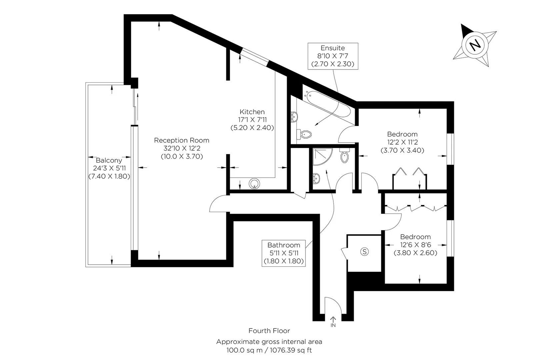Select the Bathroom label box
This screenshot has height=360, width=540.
(283, 253)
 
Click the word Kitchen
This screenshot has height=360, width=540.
(252, 112)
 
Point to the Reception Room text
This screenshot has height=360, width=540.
(182, 140)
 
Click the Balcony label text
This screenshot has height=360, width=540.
(109, 160)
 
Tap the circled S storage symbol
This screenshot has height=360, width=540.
(365, 252)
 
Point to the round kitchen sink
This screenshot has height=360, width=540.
(255, 183)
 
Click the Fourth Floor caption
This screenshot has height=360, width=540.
(269, 331)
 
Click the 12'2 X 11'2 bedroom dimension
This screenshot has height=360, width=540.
(402, 142)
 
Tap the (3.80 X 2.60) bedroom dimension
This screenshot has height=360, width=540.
(415, 253)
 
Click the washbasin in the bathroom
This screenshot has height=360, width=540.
(316, 178)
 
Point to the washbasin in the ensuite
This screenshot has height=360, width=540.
(294, 117)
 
